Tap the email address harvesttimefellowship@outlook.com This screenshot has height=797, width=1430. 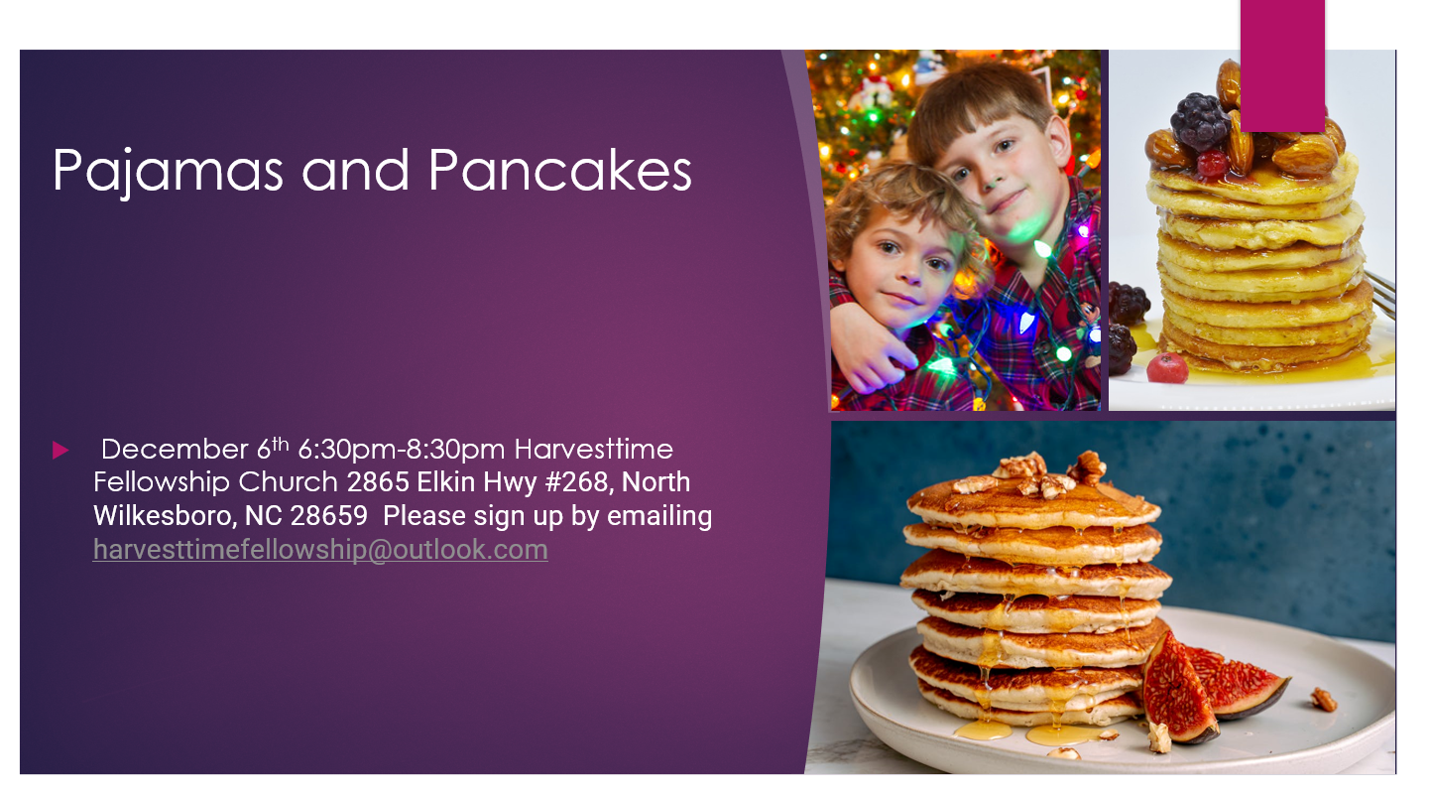(320, 550)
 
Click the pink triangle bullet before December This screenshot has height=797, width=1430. (60, 451)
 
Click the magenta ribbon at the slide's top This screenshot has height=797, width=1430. (1281, 66)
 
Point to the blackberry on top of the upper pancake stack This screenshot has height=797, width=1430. (1199, 122)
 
